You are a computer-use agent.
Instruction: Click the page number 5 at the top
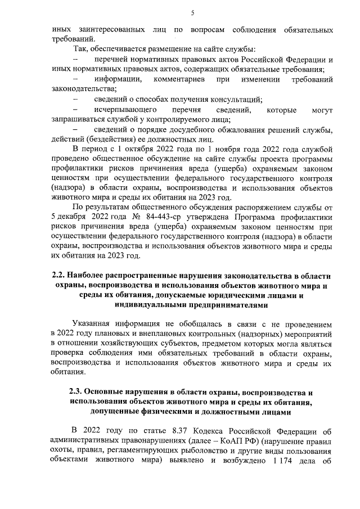(192, 13)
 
